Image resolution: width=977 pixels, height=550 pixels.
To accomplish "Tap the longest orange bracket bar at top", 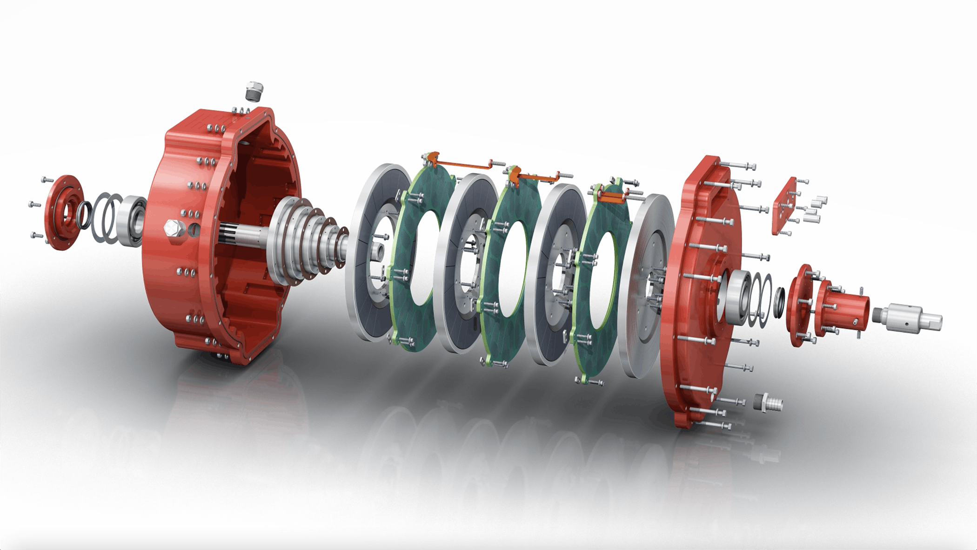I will pyautogui.click(x=461, y=164).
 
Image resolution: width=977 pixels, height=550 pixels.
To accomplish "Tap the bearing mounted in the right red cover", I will pyautogui.click(x=736, y=298).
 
